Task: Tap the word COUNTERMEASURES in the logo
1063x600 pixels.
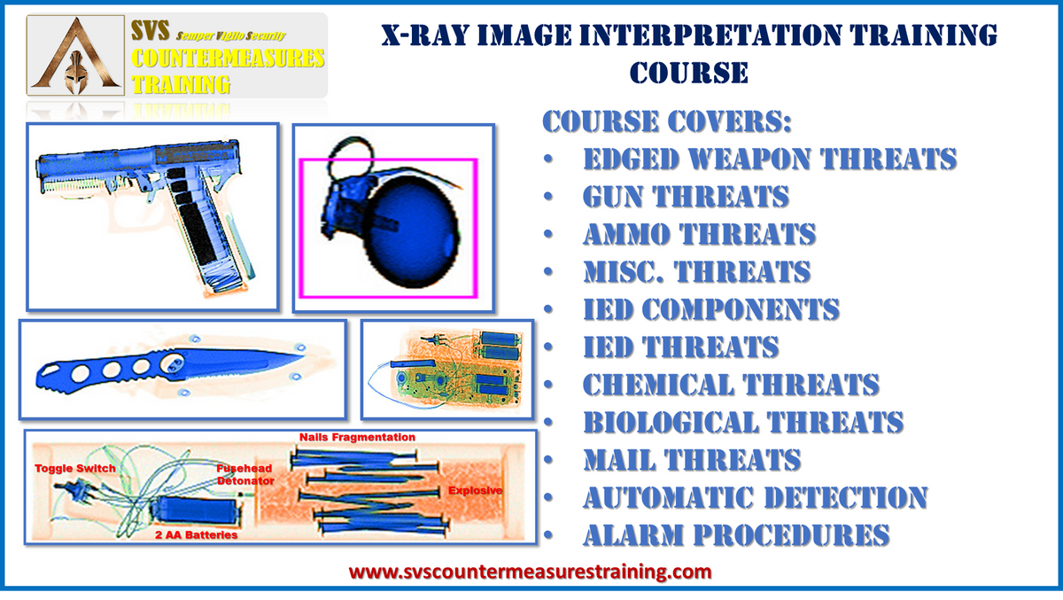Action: pyautogui.click(x=228, y=60)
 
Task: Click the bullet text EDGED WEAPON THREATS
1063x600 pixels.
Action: pyautogui.click(x=769, y=159)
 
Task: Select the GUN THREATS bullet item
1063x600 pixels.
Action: pyautogui.click(x=685, y=196)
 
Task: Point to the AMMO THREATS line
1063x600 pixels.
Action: pyautogui.click(x=699, y=234)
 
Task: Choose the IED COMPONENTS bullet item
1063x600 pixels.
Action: pyautogui.click(x=710, y=309)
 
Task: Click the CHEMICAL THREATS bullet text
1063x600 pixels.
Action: pyautogui.click(x=731, y=385)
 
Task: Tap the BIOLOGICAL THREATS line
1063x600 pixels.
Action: pyautogui.click(x=742, y=423)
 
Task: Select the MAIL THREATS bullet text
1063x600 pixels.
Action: pyautogui.click(x=691, y=460)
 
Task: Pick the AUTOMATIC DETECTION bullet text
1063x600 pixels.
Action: pyautogui.click(x=754, y=497)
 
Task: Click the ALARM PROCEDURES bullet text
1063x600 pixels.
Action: pyautogui.click(x=735, y=535)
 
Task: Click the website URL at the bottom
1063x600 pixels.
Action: pyautogui.click(x=530, y=572)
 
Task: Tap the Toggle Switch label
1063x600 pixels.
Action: pyautogui.click(x=75, y=468)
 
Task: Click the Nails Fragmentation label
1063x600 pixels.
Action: pyautogui.click(x=357, y=437)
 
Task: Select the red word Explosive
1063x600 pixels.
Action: pyautogui.click(x=476, y=490)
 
